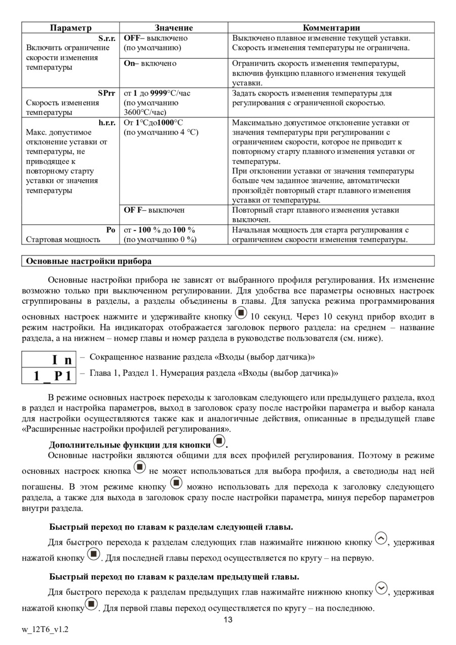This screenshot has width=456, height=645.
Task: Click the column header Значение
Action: pyautogui.click(x=174, y=28)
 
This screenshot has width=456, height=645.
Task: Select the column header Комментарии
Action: pyautogui.click(x=331, y=28)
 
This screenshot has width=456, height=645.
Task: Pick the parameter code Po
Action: pyautogui.click(x=111, y=230)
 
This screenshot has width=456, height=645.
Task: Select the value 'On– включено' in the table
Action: pyautogui.click(x=150, y=63)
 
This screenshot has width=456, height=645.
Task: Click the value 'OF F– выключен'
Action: pyautogui.click(x=155, y=210)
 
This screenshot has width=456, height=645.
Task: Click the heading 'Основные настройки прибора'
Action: pyautogui.click(x=89, y=261)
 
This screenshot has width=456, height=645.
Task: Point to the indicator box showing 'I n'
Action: pyautogui.click(x=49, y=360)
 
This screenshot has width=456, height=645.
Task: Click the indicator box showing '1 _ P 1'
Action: pyautogui.click(x=49, y=376)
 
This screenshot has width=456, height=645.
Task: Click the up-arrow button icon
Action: pyautogui.click(x=381, y=539)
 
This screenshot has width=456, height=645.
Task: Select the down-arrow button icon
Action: pyautogui.click(x=381, y=589)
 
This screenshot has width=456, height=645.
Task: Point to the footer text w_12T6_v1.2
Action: pyautogui.click(x=45, y=630)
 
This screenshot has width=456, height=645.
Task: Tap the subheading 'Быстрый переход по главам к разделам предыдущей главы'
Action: pyautogui.click(x=174, y=577)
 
